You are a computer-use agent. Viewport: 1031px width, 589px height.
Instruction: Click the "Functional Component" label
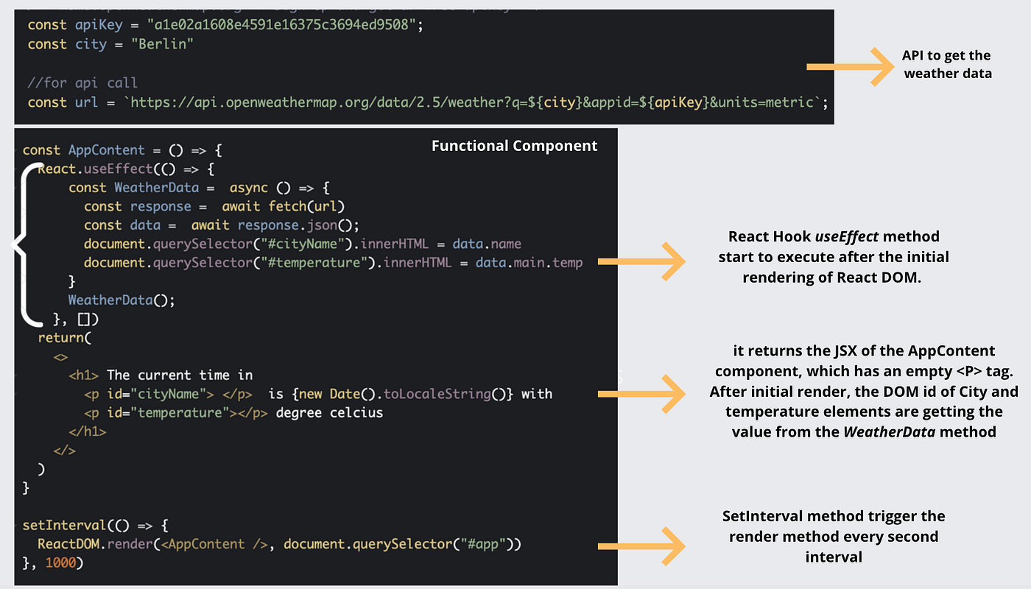pos(514,146)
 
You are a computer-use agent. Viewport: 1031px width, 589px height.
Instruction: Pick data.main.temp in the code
pos(529,263)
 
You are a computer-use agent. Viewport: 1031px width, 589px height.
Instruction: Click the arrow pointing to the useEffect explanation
pos(641,261)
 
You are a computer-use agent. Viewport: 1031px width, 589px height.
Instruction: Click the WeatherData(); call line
pos(122,300)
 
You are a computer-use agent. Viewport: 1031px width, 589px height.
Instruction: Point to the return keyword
pos(61,338)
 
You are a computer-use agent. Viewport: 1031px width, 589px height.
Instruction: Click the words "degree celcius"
pos(329,413)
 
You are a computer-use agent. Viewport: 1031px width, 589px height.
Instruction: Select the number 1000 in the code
pos(60,563)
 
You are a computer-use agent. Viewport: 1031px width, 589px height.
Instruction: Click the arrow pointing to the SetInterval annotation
pos(641,546)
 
